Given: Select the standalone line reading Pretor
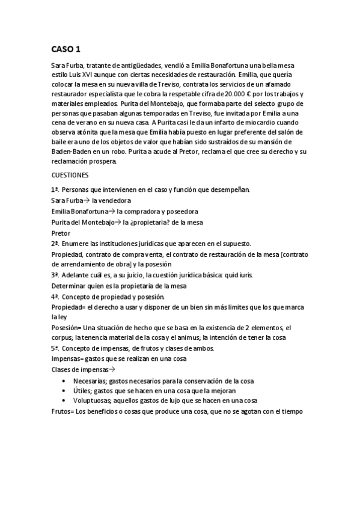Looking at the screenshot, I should coord(61,233).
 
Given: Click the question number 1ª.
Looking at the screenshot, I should coord(55,190).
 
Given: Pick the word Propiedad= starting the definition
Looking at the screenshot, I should coord(69,307).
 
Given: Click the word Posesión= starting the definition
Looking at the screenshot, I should coord(67,327).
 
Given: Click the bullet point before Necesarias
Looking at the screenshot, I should coord(65,381).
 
